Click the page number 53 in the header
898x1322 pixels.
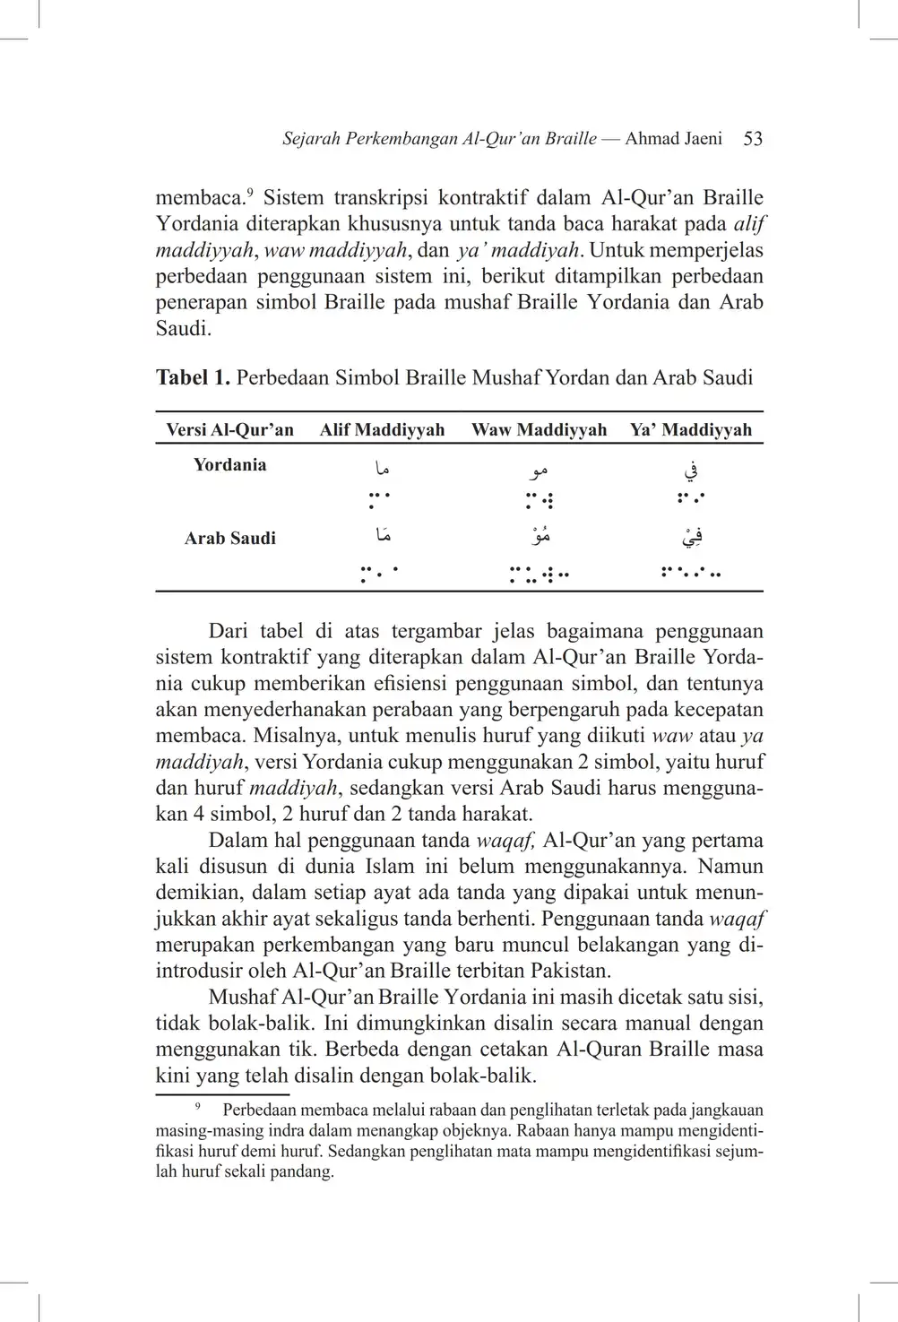click(x=753, y=139)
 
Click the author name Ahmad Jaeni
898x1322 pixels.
click(x=673, y=139)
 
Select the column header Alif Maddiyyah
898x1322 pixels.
click(x=382, y=430)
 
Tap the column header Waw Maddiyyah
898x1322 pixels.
click(x=539, y=430)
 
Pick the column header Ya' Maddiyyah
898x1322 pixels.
click(x=690, y=430)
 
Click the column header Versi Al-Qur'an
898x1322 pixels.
click(x=230, y=430)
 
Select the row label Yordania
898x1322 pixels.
click(x=230, y=465)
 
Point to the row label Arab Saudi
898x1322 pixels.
click(x=230, y=539)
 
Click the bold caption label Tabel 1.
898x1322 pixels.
click(x=193, y=377)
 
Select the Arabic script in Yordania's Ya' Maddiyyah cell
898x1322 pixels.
click(x=690, y=468)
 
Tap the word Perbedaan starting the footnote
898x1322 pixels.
click(x=262, y=1110)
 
